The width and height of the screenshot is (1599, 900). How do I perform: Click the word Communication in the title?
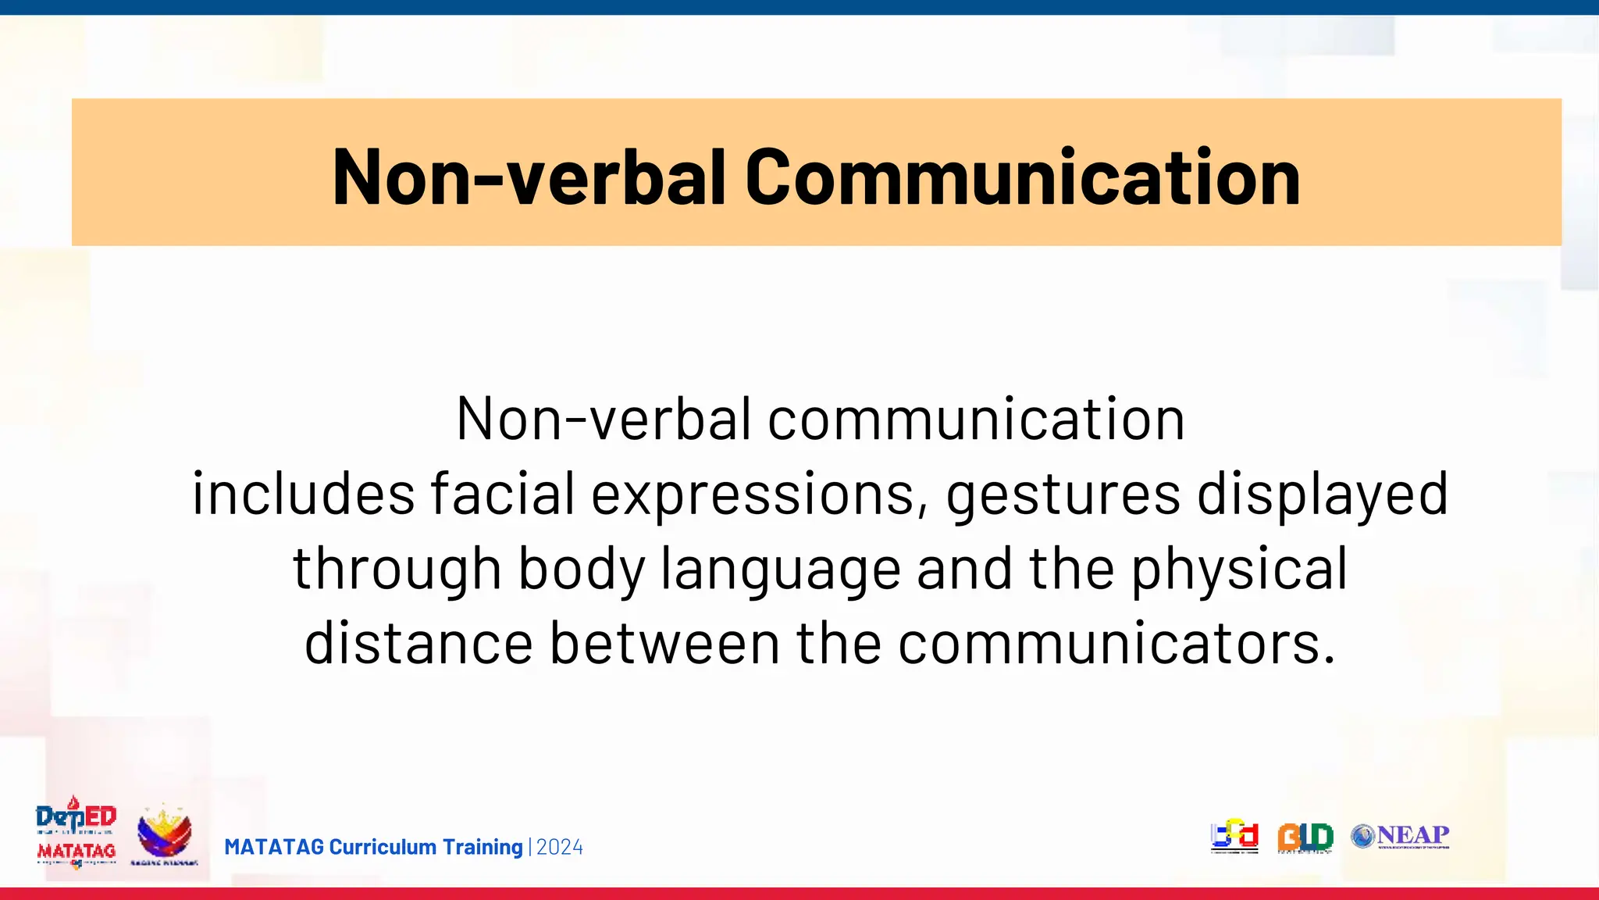point(1023,177)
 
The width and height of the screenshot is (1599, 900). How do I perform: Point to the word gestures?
point(1063,494)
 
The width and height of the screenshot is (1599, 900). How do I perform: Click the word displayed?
point(1323,494)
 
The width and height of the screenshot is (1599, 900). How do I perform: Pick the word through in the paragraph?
point(397,569)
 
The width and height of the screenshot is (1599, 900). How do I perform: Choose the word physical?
point(1240,569)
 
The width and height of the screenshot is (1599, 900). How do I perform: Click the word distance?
point(418,643)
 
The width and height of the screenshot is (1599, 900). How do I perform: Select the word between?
point(664,643)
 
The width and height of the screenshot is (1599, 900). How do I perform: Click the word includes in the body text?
point(304,494)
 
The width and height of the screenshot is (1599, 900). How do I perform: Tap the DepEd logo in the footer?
point(77,816)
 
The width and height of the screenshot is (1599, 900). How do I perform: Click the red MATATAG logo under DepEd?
point(77,852)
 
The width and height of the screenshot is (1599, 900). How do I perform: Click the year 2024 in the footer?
point(560,847)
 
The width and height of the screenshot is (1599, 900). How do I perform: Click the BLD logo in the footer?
point(1305,837)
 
